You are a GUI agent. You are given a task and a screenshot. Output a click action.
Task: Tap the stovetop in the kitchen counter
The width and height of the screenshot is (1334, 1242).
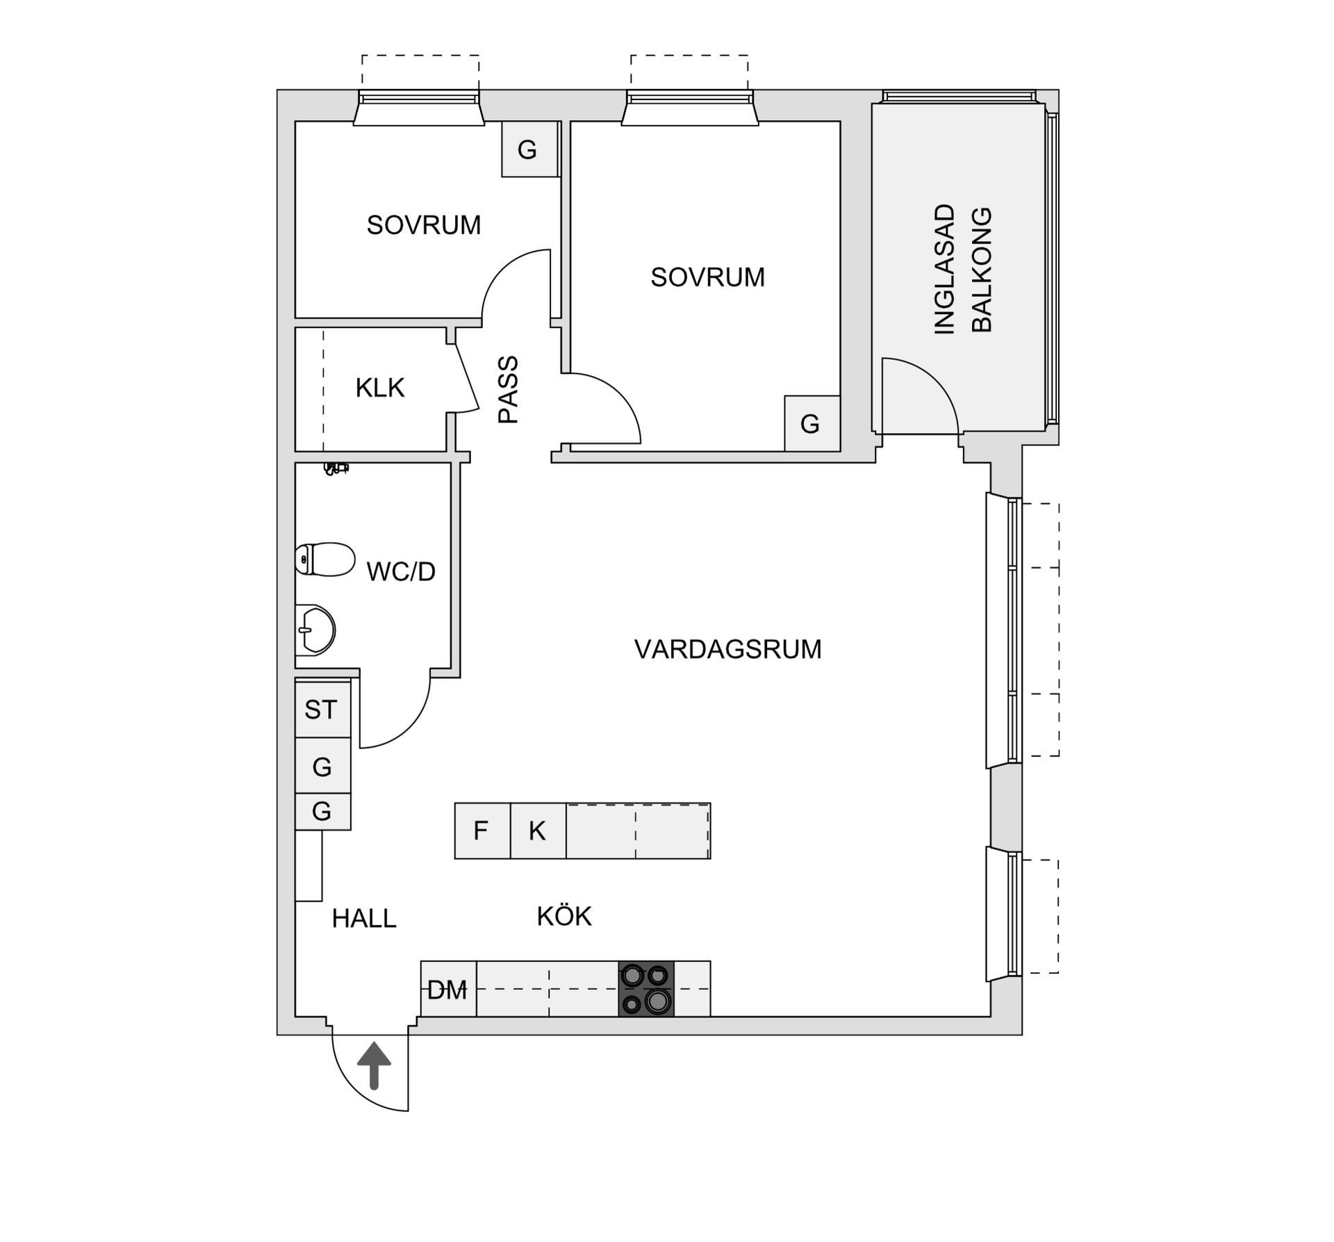[x=645, y=988]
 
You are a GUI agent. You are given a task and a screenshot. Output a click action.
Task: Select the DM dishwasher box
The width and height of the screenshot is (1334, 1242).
[x=448, y=990]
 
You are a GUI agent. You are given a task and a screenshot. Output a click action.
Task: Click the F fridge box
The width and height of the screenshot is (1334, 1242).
[x=481, y=831]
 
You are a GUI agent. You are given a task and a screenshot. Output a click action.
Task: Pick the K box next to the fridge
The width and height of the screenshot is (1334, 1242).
[x=537, y=831]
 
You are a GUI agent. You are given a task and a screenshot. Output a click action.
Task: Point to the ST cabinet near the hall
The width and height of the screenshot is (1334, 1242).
[x=321, y=710]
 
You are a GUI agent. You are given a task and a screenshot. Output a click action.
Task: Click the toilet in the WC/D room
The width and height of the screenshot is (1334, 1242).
[x=325, y=559]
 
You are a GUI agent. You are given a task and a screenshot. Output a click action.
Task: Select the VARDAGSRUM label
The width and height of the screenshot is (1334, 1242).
[x=727, y=649]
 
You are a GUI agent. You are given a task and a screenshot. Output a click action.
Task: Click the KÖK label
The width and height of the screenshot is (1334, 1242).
[x=563, y=916]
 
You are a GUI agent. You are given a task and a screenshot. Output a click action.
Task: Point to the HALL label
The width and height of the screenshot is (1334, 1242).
[x=364, y=919]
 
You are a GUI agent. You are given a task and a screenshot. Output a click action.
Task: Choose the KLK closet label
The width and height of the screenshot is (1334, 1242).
[x=379, y=388]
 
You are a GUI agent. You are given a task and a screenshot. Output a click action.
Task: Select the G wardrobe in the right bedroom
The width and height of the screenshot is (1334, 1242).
[x=811, y=423]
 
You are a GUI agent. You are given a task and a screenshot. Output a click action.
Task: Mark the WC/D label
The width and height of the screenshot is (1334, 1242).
[x=401, y=571]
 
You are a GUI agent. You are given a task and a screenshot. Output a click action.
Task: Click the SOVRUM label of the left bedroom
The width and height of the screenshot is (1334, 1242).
[x=424, y=225]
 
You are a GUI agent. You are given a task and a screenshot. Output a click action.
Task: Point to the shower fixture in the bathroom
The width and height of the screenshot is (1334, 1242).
[x=336, y=468]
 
